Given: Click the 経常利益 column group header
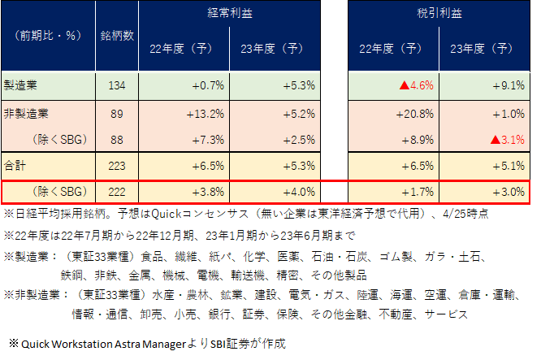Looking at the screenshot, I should [x=230, y=13].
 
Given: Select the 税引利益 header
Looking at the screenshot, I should [x=439, y=13].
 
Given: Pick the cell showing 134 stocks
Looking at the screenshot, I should [x=117, y=83].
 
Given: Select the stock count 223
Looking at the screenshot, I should [x=117, y=165].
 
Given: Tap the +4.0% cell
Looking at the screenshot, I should [x=299, y=193].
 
